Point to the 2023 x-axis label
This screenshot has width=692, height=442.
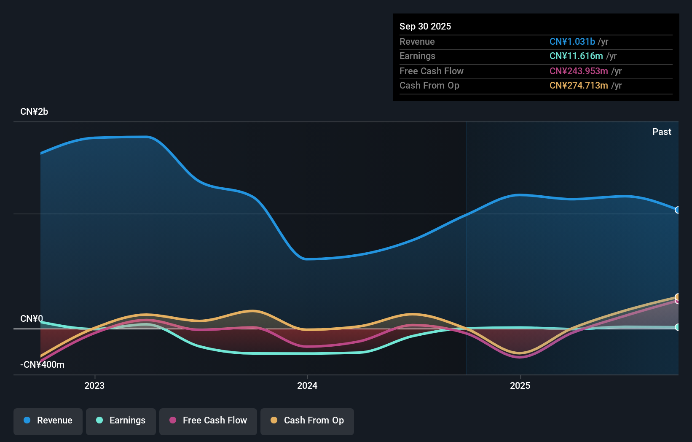pyautogui.click(x=94, y=386)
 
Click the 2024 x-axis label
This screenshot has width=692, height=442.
pyautogui.click(x=307, y=386)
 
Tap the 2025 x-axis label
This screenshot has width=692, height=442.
pyautogui.click(x=520, y=386)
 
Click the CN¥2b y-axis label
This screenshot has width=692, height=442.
pyautogui.click(x=34, y=112)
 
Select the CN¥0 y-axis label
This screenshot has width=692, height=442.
pyautogui.click(x=32, y=319)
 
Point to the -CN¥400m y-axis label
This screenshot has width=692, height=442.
pyautogui.click(x=42, y=365)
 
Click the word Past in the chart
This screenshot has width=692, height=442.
pyautogui.click(x=662, y=132)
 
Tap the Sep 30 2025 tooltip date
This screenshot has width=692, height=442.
pyautogui.click(x=425, y=27)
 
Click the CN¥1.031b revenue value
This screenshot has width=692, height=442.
pyautogui.click(x=572, y=42)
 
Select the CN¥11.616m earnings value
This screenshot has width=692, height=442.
pyautogui.click(x=576, y=56)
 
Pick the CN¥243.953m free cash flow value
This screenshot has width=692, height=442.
pyautogui.click(x=579, y=71)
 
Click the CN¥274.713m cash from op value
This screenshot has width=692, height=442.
pyautogui.click(x=579, y=86)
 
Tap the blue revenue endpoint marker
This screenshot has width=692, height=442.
pyautogui.click(x=677, y=210)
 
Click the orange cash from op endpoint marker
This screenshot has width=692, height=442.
pyautogui.click(x=677, y=297)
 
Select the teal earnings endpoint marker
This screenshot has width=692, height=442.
pyautogui.click(x=677, y=327)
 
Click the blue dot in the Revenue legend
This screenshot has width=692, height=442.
pyautogui.click(x=27, y=420)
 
